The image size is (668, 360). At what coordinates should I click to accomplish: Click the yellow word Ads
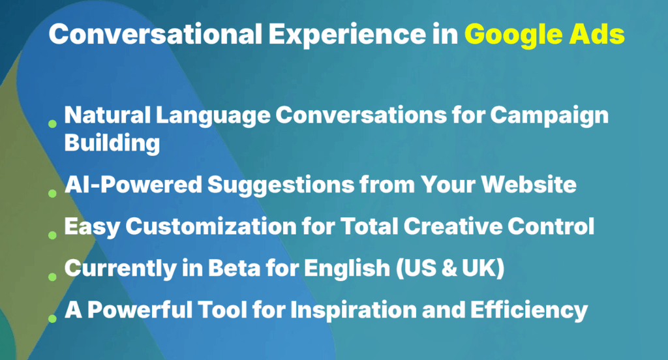click(600, 35)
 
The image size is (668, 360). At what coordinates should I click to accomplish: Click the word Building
click(112, 143)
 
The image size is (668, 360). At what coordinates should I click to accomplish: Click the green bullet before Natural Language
click(52, 123)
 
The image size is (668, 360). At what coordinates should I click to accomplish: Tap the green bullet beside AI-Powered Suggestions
click(52, 193)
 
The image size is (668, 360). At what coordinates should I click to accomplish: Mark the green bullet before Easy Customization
click(52, 235)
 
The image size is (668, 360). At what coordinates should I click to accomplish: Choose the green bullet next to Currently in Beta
click(52, 277)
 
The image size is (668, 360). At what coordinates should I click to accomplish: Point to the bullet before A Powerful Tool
click(52, 318)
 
